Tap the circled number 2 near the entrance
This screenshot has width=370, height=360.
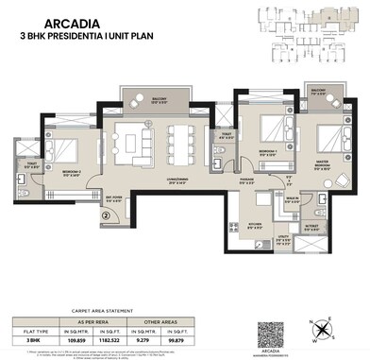click(x=107, y=214)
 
